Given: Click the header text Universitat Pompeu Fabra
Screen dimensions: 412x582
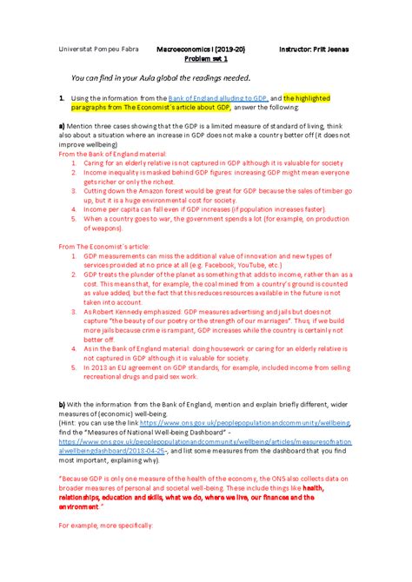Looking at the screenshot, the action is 94,50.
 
